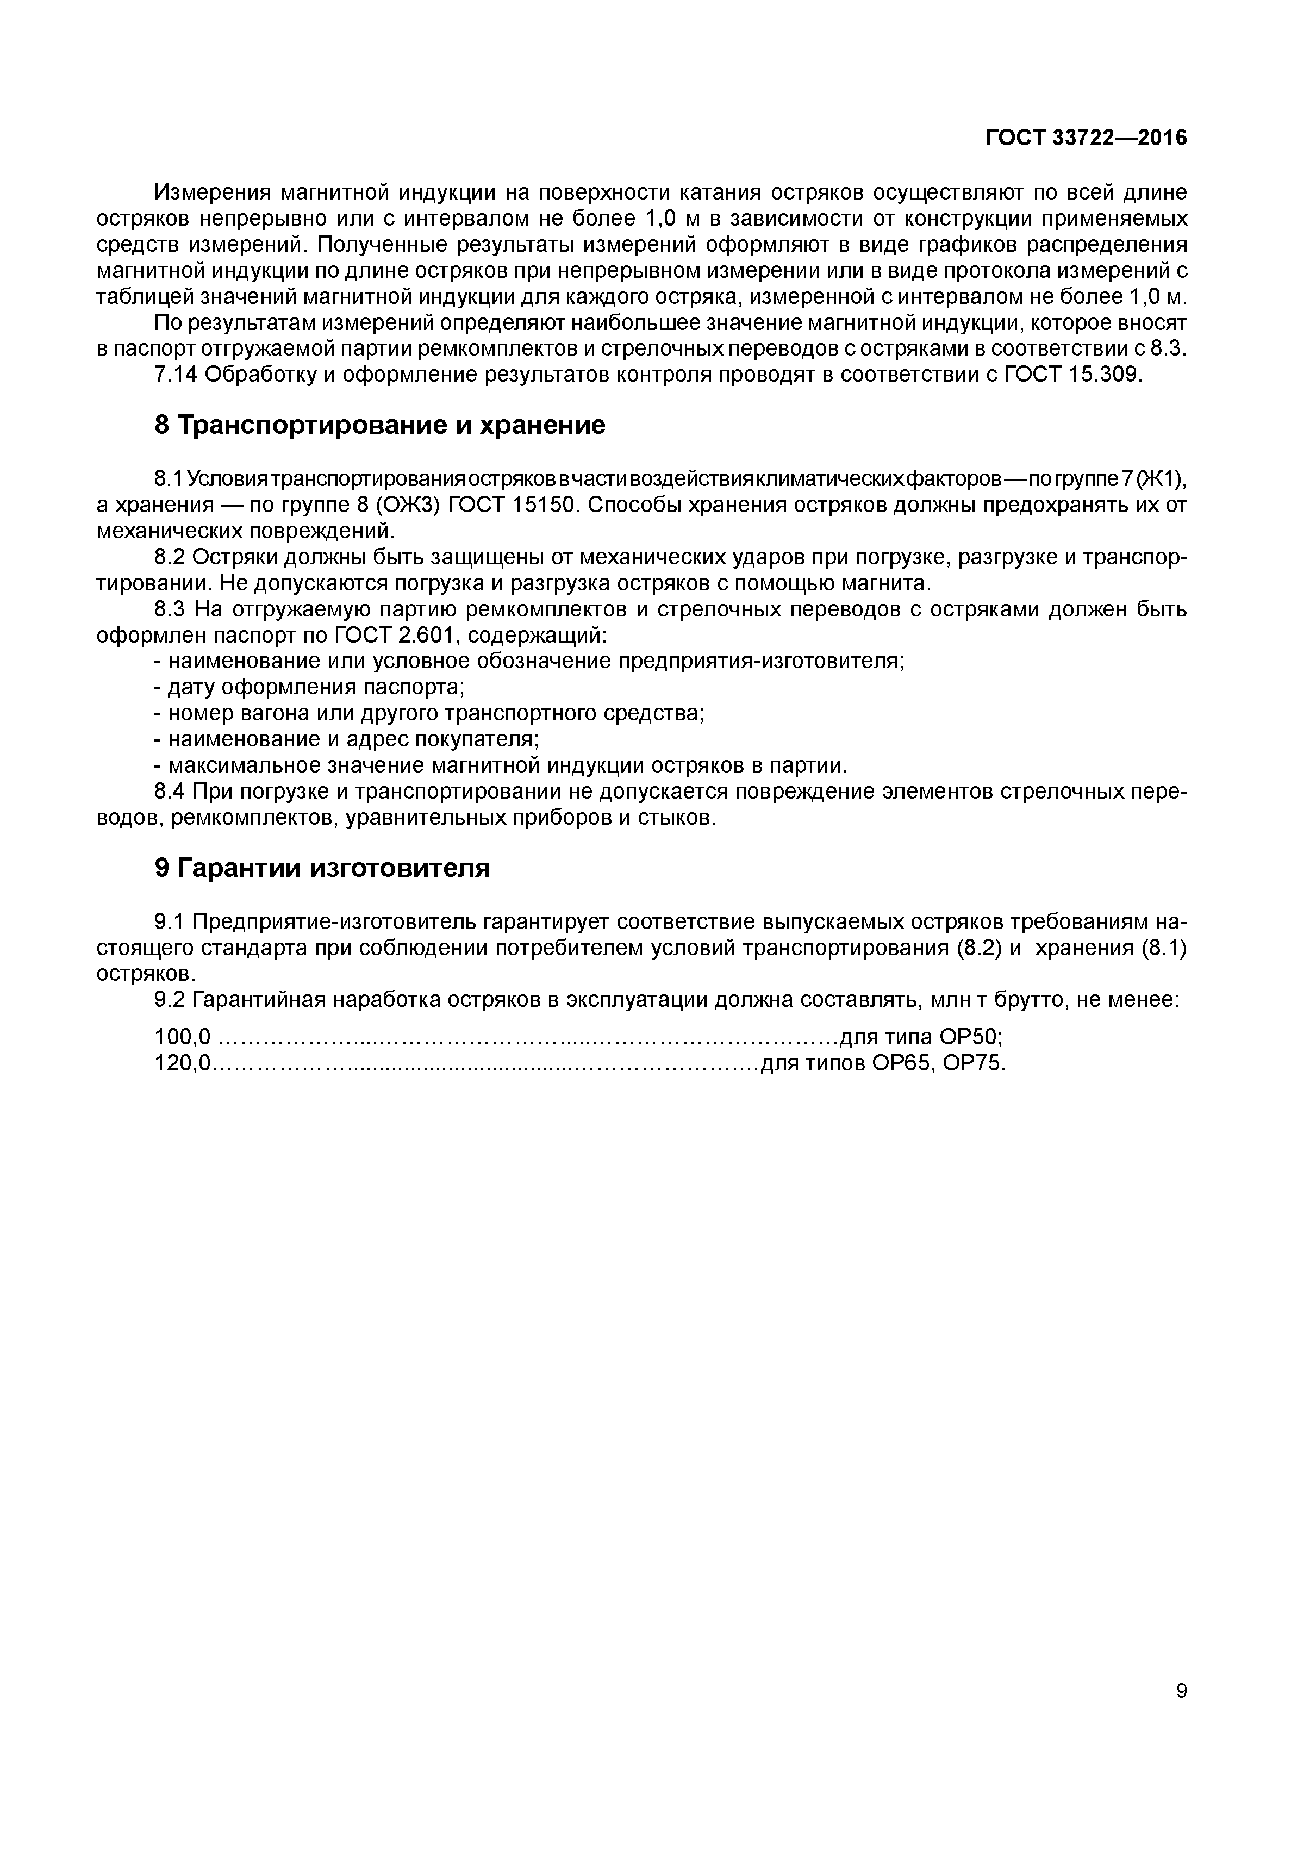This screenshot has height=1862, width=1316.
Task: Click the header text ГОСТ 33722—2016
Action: tap(1086, 138)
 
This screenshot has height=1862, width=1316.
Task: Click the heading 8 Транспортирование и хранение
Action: tap(379, 425)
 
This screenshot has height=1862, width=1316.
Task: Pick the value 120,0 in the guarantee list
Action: tap(182, 1063)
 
